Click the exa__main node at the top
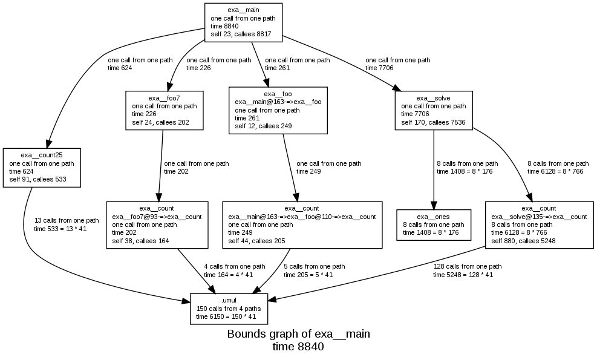click(243, 22)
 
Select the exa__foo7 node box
click(164, 110)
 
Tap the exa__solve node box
click(433, 110)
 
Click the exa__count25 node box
click(41, 167)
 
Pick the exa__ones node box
click(433, 224)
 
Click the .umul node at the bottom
click(229, 309)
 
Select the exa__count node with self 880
click(538, 224)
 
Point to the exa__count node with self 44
click(302, 224)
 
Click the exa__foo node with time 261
click(278, 110)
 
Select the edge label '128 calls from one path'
click(467, 266)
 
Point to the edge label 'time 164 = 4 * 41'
click(228, 275)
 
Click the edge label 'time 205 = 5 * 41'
click(308, 275)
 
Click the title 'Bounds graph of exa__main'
click(298, 334)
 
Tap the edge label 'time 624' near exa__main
click(120, 68)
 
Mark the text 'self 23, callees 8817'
click(241, 34)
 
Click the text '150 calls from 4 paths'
click(229, 309)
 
